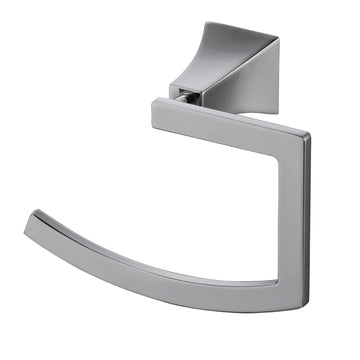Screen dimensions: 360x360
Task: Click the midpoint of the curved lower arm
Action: point(150,263)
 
